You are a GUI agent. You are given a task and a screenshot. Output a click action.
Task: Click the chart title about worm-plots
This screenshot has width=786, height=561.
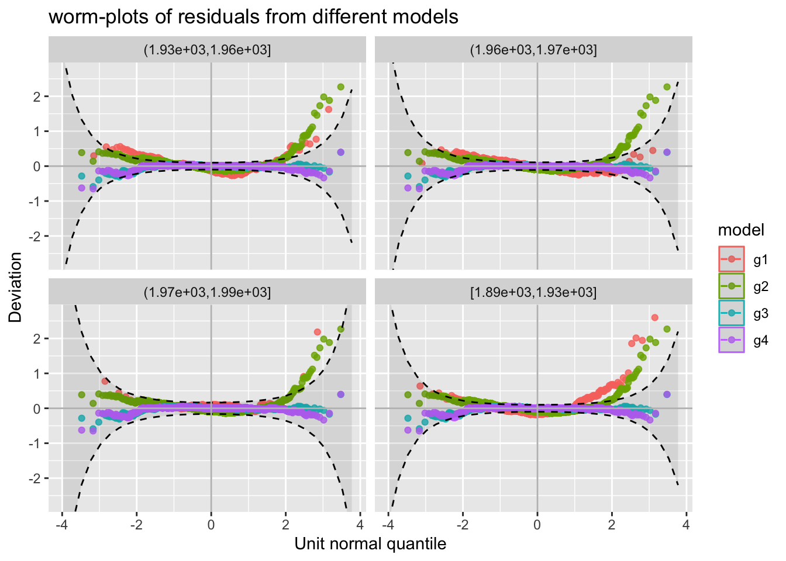point(253,17)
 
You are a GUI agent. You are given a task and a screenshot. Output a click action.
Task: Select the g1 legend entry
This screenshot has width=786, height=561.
point(760,259)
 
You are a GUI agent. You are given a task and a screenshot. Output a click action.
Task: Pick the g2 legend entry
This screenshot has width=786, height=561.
point(760,286)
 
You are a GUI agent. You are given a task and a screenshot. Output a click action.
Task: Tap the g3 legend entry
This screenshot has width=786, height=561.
point(760,314)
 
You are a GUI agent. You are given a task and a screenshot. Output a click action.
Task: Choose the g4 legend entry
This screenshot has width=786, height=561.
point(760,341)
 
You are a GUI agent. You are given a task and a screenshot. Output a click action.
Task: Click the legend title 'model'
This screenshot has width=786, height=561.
point(741,230)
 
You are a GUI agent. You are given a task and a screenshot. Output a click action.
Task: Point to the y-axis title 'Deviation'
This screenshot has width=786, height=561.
point(16,287)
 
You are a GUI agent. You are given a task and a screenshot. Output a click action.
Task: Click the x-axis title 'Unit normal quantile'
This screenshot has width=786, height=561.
point(370,544)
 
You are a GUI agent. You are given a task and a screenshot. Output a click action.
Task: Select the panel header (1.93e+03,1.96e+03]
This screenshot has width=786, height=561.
point(207,50)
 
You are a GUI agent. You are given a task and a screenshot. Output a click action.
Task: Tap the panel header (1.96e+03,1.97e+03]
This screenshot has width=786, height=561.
point(533,50)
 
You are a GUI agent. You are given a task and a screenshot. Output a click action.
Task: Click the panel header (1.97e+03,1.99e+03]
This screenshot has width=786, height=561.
point(207,292)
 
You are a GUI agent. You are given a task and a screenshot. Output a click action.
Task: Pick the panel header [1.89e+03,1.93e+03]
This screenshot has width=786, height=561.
point(533,292)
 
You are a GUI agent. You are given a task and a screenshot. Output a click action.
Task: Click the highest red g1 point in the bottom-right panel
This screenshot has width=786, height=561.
point(655,317)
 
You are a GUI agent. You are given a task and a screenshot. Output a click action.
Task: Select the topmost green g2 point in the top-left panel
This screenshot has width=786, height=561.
point(340,86)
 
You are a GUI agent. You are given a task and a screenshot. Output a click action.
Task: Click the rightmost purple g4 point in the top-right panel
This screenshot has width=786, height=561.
point(667,152)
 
